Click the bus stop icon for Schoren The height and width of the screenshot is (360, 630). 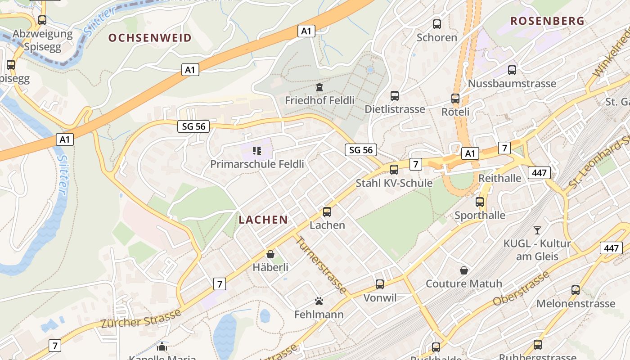pos(436,24)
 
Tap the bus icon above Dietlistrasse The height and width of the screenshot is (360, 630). pos(395,96)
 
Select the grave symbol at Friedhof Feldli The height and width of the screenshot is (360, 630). pos(319,87)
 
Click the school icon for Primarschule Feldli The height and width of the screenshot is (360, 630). pos(257,150)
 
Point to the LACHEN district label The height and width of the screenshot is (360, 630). pos(263,220)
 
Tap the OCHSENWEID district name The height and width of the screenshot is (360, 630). pos(150,38)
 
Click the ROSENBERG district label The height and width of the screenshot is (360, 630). pos(548,21)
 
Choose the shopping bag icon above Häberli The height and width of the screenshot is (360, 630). pos(270,254)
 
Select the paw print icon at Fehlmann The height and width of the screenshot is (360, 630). pos(319,301)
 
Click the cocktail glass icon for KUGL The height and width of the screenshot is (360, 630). pos(537,230)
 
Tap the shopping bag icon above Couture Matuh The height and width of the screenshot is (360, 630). pos(464,270)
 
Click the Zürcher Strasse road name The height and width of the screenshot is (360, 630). pos(140,318)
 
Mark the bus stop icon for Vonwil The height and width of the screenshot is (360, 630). pos(380,284)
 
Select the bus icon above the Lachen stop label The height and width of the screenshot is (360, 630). pos(327,211)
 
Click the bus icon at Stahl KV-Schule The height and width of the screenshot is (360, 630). pos(394,170)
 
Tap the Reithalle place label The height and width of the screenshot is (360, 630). pos(500,178)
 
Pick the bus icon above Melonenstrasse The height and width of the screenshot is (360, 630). pos(576,290)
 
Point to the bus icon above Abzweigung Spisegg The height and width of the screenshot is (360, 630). pos(42,20)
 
